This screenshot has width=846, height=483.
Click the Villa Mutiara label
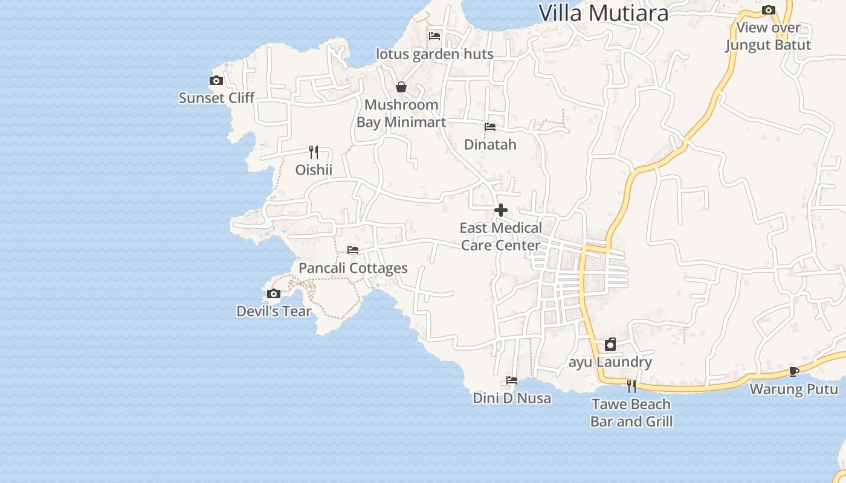pyautogui.click(x=603, y=13)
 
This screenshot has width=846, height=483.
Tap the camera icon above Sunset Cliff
pyautogui.click(x=216, y=80)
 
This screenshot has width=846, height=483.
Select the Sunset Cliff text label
pyautogui.click(x=216, y=98)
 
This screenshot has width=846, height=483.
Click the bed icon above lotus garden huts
pyautogui.click(x=434, y=36)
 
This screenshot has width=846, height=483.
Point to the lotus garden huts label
pyautogui.click(x=434, y=54)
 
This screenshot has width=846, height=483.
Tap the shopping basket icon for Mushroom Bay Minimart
pyautogui.click(x=401, y=87)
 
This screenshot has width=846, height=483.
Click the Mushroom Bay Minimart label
pyautogui.click(x=401, y=114)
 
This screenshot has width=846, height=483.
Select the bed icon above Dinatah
pyautogui.click(x=490, y=127)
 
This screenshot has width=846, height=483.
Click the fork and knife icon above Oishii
pyautogui.click(x=313, y=152)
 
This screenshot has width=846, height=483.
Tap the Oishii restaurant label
pyautogui.click(x=314, y=170)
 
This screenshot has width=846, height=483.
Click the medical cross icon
pyautogui.click(x=501, y=210)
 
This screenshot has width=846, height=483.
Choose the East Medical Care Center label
pyautogui.click(x=500, y=237)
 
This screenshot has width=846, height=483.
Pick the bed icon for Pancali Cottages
pyautogui.click(x=353, y=250)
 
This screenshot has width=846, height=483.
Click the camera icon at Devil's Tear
pyautogui.click(x=274, y=294)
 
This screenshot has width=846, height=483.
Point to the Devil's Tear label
pyautogui.click(x=274, y=312)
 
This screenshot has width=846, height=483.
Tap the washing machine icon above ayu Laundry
pyautogui.click(x=610, y=344)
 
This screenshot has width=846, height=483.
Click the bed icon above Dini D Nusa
pyautogui.click(x=512, y=380)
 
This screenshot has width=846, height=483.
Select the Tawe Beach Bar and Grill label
pyautogui.click(x=631, y=413)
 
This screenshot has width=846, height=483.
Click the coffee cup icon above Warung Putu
pyautogui.click(x=793, y=371)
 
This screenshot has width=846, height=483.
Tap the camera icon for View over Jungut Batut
pyautogui.click(x=769, y=10)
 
